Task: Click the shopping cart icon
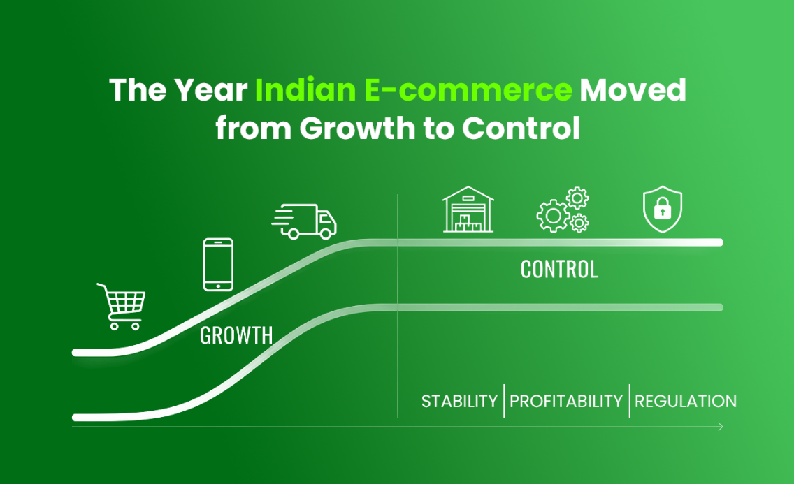coord(122,306)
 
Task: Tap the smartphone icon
coord(218,265)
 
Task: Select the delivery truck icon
coord(305,221)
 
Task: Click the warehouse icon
coord(468,210)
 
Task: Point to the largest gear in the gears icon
coord(552,216)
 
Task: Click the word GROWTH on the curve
coord(236,335)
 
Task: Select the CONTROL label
coord(559,270)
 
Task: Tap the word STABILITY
coord(459,402)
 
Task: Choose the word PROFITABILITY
coord(566,402)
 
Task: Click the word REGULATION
coord(685,402)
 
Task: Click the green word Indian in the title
coord(302,91)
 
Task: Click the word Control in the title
coord(521,129)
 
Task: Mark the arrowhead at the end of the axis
coord(721,427)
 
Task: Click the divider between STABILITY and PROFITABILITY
coord(504,401)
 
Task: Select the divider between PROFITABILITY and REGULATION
coord(629,401)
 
